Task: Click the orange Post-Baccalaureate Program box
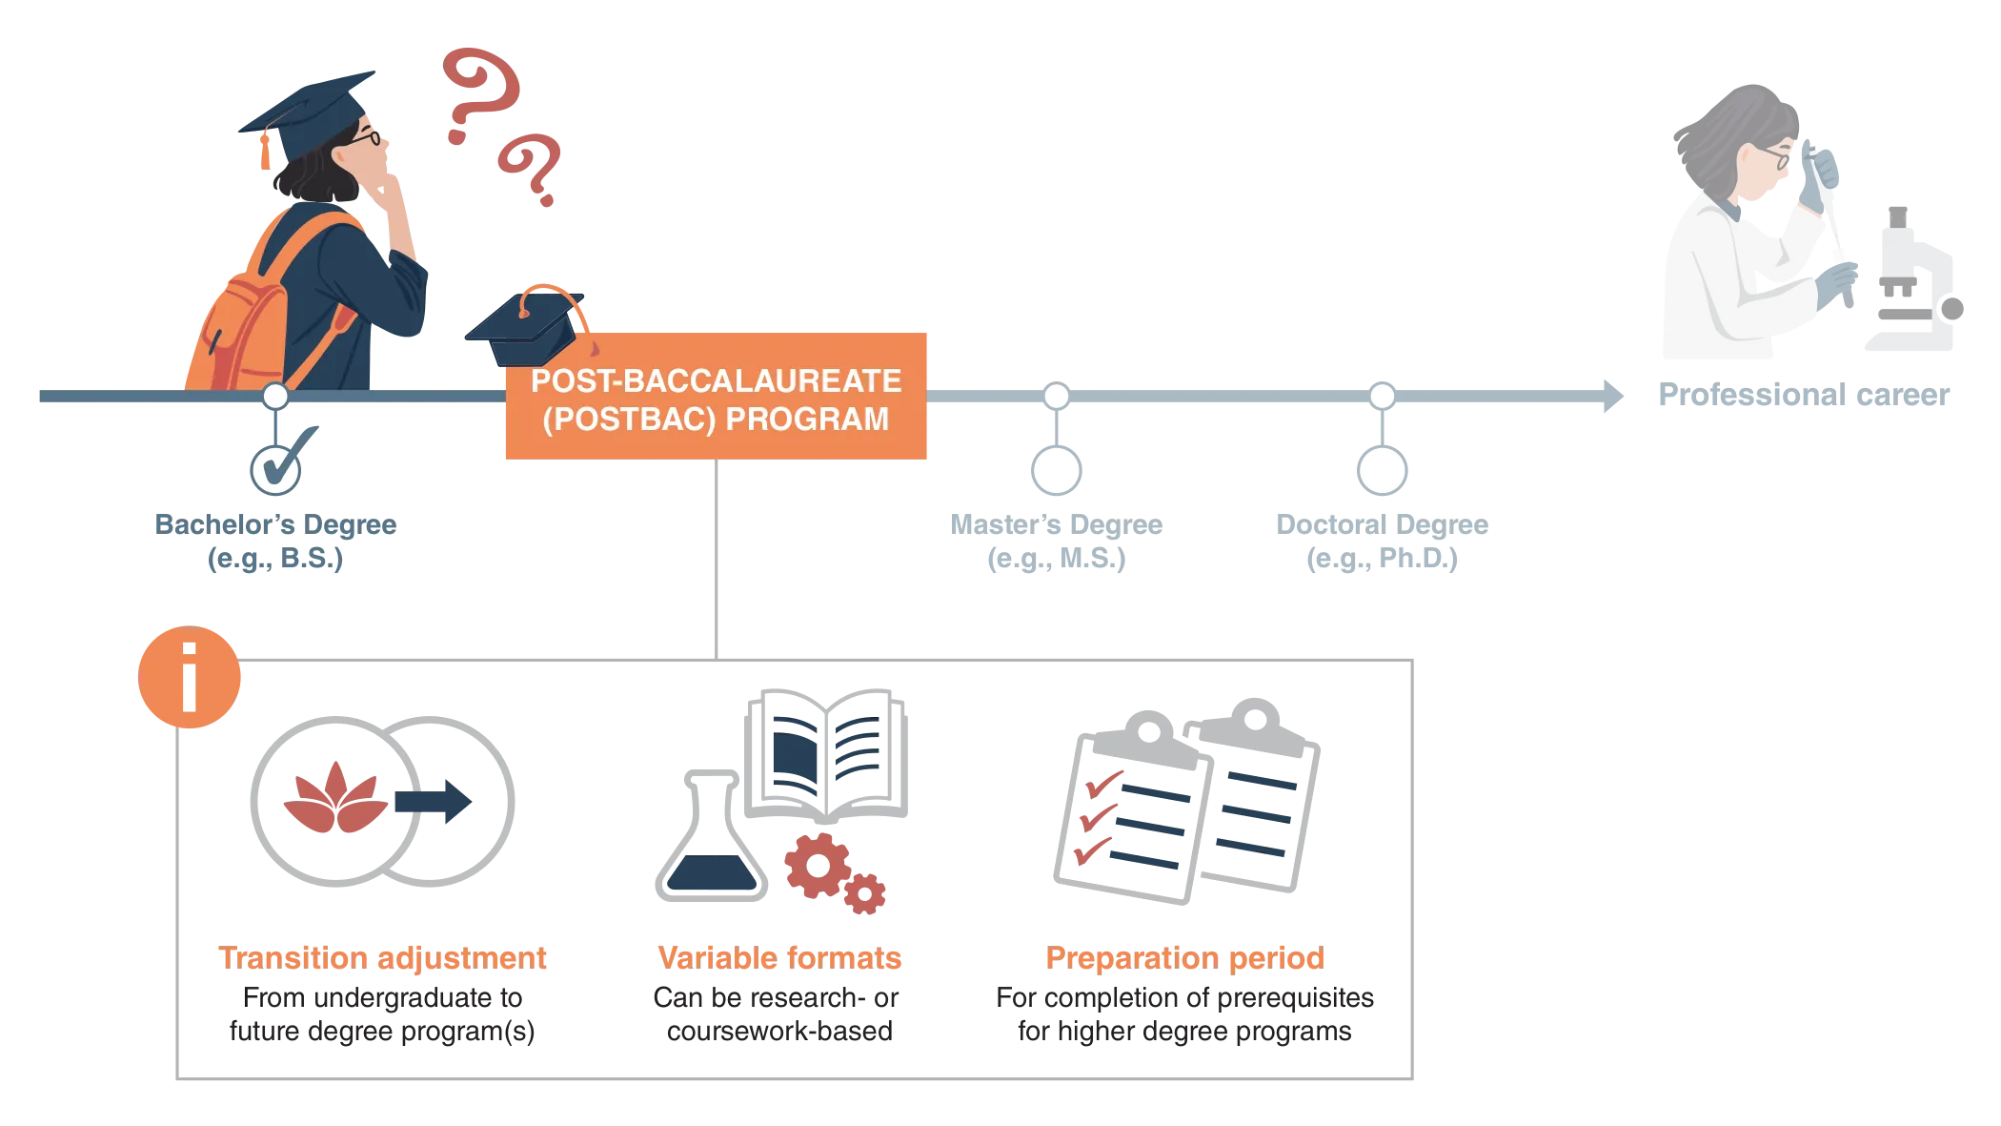tap(716, 398)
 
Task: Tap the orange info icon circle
tap(190, 678)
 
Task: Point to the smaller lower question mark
tap(532, 170)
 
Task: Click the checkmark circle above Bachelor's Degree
tap(275, 468)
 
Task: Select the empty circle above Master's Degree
tap(1056, 470)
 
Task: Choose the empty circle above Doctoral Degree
tap(1382, 470)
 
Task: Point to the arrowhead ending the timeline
tap(1614, 397)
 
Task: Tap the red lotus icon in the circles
tap(334, 797)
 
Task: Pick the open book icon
tap(827, 752)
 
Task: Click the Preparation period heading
tap(1184, 957)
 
